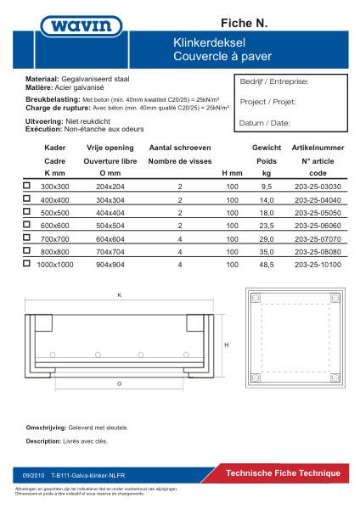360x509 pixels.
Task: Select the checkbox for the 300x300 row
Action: (27, 185)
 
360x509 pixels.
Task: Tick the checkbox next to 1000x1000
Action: (27, 264)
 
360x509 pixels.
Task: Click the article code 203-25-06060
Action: (317, 225)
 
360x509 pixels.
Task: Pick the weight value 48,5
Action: (266, 265)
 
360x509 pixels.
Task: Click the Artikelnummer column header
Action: (317, 147)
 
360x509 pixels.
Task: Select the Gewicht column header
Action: (266, 147)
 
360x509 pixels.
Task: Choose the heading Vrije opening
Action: (110, 147)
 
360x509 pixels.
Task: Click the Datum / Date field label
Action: (265, 123)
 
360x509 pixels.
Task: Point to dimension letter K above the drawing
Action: (121, 294)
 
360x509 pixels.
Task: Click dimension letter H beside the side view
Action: (227, 345)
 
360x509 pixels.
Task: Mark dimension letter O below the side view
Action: (119, 383)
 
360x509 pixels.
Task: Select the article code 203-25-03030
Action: (317, 185)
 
